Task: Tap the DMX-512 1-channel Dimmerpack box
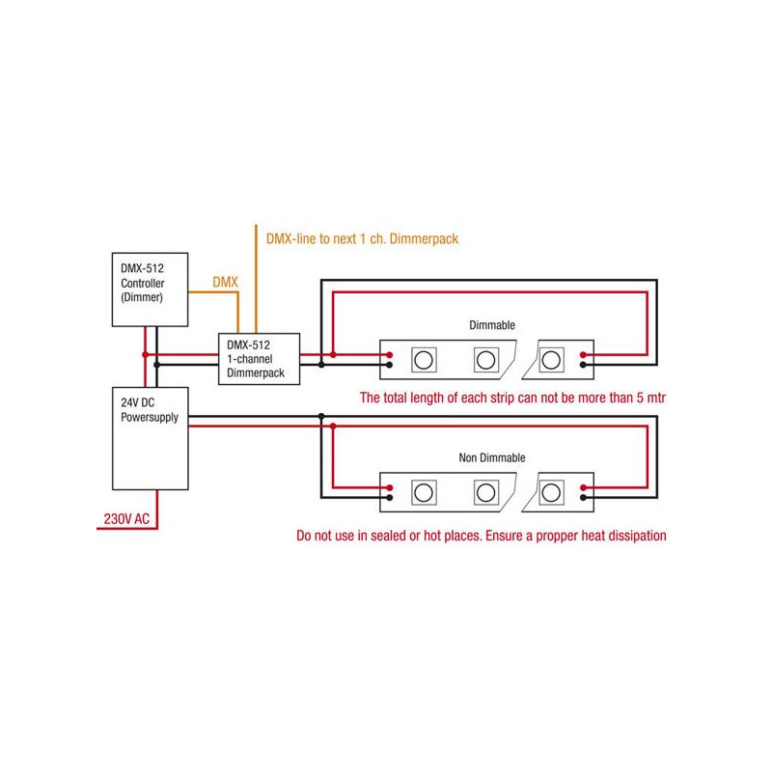[257, 358]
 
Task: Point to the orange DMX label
[225, 281]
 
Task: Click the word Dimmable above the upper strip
[492, 325]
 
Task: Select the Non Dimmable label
[492, 457]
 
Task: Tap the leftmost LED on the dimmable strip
[423, 360]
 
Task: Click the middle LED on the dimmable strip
[484, 360]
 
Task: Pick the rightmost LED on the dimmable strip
[551, 360]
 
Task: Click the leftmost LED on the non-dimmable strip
[423, 492]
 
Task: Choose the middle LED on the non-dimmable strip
[484, 492]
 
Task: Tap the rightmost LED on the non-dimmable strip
[551, 492]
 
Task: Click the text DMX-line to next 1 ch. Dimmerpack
[355, 237]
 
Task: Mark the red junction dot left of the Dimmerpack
[145, 355]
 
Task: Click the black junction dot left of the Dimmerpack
[157, 365]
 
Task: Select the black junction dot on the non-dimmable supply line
[320, 417]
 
